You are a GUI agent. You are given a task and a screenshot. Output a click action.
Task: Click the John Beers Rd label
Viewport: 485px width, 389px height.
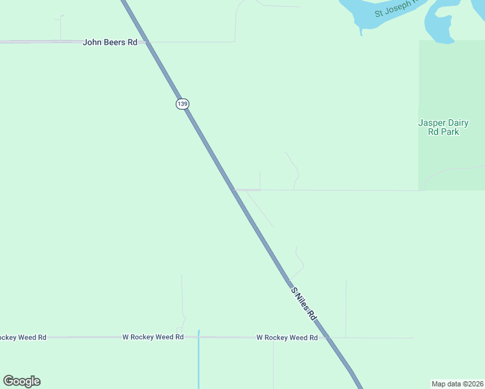point(110,42)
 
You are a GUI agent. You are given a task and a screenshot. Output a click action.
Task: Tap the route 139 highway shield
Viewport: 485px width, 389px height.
point(182,104)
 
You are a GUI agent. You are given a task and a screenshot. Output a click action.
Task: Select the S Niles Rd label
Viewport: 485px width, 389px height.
point(303,303)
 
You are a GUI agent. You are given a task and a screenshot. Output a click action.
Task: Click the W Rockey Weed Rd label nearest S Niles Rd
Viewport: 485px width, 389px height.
point(287,338)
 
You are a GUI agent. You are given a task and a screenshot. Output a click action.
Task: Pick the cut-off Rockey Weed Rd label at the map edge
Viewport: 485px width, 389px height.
point(23,338)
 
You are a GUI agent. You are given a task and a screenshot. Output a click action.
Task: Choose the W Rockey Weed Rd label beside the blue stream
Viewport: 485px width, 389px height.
point(153,337)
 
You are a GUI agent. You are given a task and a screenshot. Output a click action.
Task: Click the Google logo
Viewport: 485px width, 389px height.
point(21,381)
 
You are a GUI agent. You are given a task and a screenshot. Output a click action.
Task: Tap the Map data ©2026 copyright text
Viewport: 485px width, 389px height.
point(457,384)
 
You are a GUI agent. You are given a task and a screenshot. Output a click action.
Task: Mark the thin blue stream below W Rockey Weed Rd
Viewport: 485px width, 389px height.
point(198,363)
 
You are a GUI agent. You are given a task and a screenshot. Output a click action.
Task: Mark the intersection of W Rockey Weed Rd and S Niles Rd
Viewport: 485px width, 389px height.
point(327,338)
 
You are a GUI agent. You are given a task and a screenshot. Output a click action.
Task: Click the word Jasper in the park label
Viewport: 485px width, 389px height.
point(431,123)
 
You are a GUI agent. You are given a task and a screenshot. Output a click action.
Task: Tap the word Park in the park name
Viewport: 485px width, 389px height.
point(449,132)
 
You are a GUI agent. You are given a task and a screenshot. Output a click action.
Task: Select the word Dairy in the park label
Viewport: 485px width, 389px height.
point(458,123)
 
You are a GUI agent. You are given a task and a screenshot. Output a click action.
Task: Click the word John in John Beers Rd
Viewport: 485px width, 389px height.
point(92,42)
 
